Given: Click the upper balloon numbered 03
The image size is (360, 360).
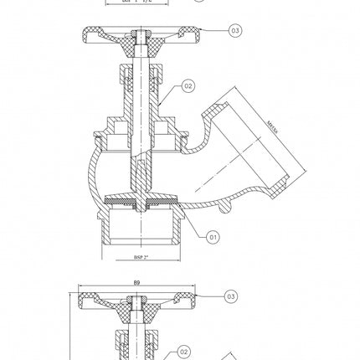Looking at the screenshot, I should (x=235, y=30).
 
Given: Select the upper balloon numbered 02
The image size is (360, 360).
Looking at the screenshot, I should (x=188, y=85).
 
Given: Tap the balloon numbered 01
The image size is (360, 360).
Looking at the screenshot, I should (x=213, y=238).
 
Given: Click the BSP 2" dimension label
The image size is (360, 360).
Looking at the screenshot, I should (x=141, y=258).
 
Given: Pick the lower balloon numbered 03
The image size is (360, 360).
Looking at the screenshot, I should (x=231, y=296).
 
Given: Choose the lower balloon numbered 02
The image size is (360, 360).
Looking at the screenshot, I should (x=184, y=352).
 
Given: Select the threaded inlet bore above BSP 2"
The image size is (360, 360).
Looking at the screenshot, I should (x=141, y=229).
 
